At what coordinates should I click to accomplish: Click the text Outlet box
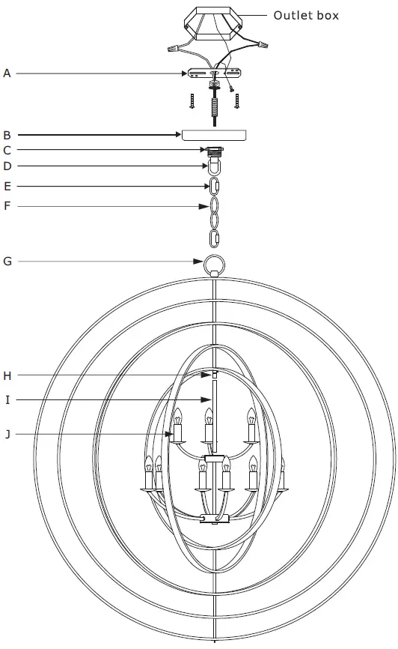point(306,15)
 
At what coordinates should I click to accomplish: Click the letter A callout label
point(7,73)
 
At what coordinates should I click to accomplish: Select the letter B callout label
point(7,135)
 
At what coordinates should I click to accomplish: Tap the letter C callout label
point(7,150)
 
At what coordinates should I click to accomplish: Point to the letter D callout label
point(7,166)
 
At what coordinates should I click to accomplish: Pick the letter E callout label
point(7,186)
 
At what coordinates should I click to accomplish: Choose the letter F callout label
point(7,205)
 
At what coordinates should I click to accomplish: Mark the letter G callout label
point(7,262)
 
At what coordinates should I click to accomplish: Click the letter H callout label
point(7,375)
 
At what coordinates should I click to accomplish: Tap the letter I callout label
point(7,400)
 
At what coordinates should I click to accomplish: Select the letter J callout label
point(7,433)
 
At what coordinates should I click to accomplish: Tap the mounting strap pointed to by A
point(215,74)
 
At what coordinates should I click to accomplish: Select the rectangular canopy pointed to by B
point(215,135)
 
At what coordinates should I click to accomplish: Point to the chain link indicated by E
point(215,186)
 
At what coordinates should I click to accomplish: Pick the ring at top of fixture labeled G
point(215,264)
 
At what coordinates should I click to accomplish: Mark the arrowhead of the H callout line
point(210,375)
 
